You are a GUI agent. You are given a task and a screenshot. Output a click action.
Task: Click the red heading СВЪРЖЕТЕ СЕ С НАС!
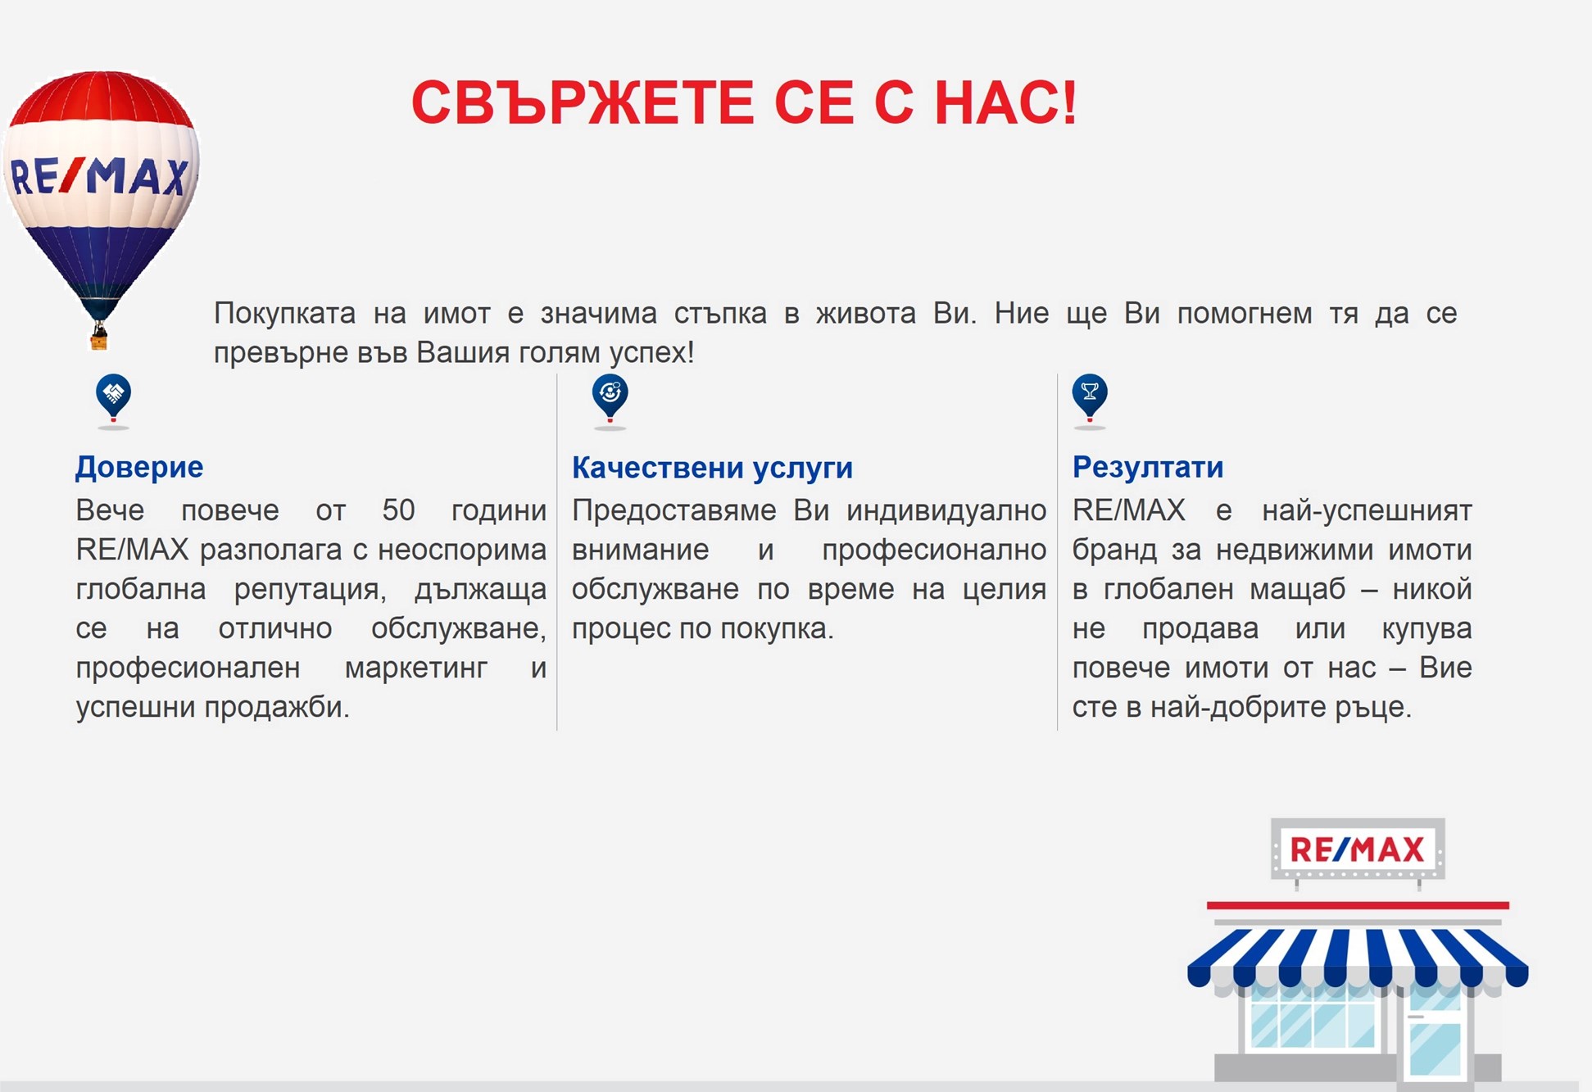[744, 103]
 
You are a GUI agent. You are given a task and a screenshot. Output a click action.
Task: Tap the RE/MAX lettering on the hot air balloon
[99, 176]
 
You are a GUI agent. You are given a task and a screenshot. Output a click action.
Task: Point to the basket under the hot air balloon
[99, 338]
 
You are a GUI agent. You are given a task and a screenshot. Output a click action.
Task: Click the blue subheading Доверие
[139, 467]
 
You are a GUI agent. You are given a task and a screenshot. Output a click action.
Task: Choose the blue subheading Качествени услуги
[712, 468]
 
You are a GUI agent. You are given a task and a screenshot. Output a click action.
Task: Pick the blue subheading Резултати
[1148, 467]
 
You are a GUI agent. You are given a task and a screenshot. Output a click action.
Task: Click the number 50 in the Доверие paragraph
[398, 510]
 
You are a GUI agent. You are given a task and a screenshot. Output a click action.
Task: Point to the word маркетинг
[415, 668]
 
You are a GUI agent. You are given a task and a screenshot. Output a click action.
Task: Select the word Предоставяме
[674, 510]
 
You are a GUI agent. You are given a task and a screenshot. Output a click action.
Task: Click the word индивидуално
[946, 510]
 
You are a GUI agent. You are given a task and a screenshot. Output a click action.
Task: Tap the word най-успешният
[1367, 510]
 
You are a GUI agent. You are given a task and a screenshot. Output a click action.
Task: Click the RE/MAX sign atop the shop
[1357, 850]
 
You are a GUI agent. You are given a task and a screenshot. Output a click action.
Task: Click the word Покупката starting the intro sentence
[284, 314]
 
